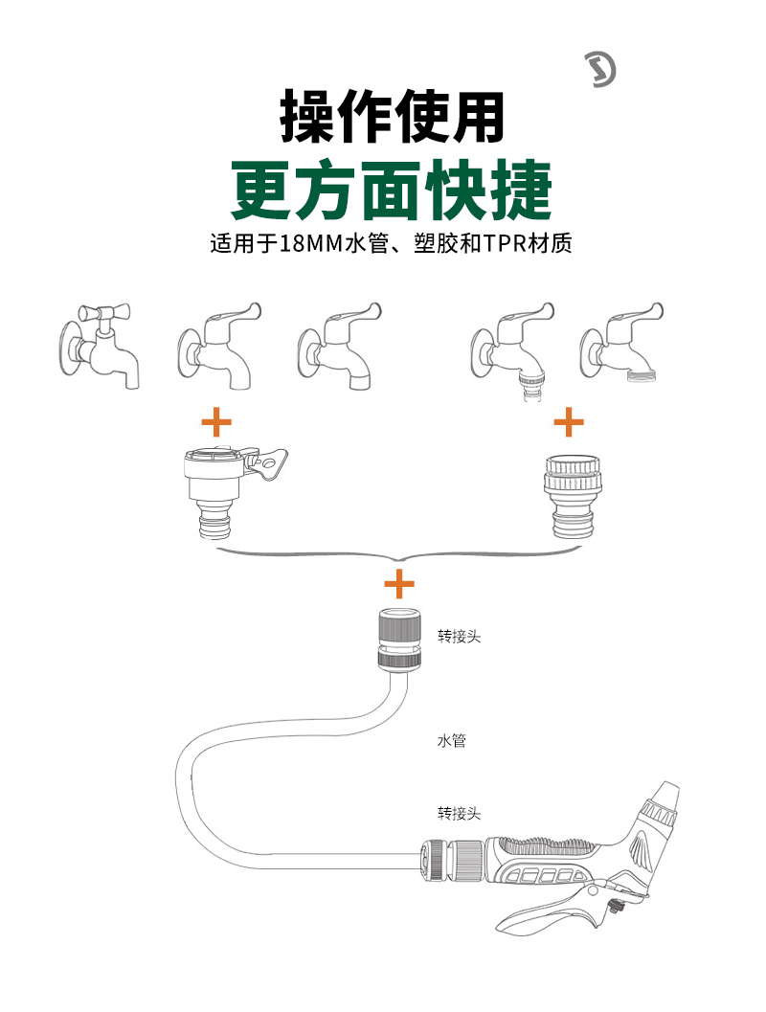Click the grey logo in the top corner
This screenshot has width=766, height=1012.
pyautogui.click(x=600, y=70)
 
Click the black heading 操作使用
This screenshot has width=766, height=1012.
pyautogui.click(x=392, y=118)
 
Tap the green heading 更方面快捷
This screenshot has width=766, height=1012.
pyautogui.click(x=392, y=190)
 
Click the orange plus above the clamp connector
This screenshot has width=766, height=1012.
pyautogui.click(x=216, y=420)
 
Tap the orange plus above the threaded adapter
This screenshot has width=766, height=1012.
pyautogui.click(x=569, y=420)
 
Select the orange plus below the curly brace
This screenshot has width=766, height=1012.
pyautogui.click(x=398, y=582)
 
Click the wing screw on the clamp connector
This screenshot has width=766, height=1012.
pyautogui.click(x=272, y=465)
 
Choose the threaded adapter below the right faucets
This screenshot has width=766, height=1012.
pyautogui.click(x=568, y=493)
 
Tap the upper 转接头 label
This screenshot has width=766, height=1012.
pyautogui.click(x=459, y=636)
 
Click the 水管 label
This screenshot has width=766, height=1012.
pyautogui.click(x=451, y=740)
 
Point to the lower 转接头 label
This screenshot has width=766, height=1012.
pyautogui.click(x=459, y=814)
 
